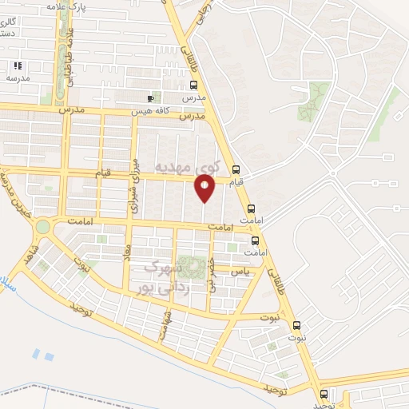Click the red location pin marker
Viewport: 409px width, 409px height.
(204, 189)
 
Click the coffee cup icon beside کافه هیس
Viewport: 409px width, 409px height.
(151, 98)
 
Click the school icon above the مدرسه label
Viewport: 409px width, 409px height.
(17, 66)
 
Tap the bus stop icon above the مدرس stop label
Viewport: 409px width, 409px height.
(193, 85)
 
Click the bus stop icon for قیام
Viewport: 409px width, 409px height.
(236, 169)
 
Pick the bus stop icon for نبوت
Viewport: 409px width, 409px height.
(296, 325)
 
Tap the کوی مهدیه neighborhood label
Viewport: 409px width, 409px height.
(185, 167)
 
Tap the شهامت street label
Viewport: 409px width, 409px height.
(166, 324)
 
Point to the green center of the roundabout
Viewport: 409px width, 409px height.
(42, 227)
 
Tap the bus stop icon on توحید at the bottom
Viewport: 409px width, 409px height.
(323, 394)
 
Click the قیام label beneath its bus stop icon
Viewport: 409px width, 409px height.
(236, 183)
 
